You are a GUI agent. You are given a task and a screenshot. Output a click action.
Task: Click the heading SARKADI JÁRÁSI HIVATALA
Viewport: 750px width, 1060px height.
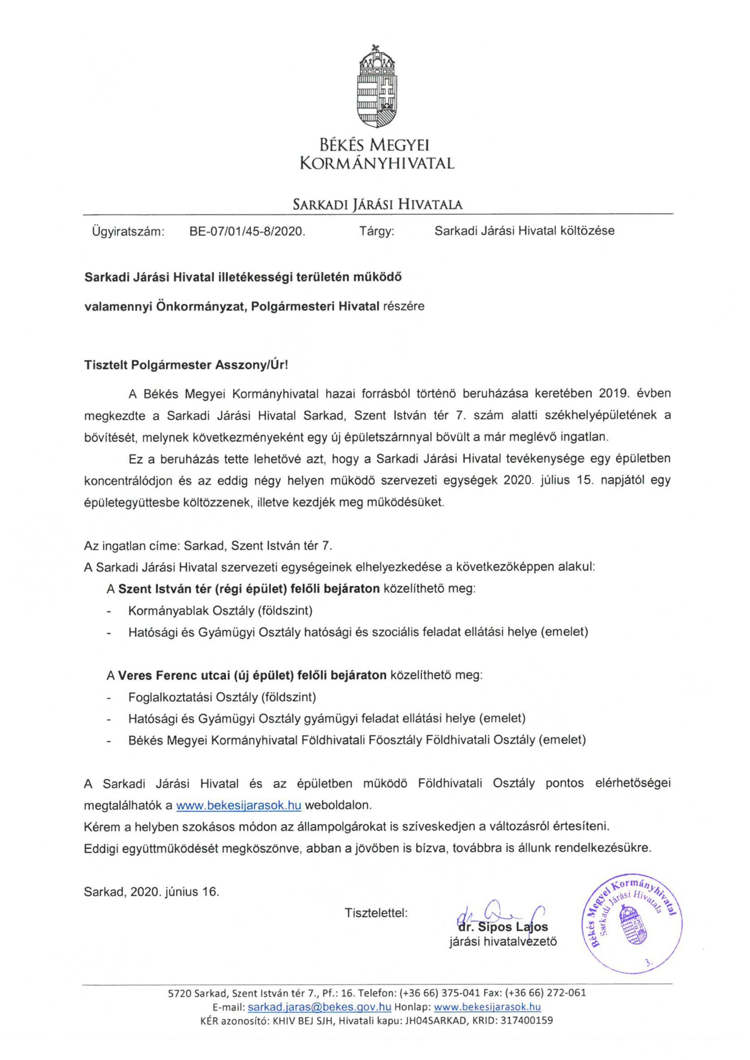tap(378, 205)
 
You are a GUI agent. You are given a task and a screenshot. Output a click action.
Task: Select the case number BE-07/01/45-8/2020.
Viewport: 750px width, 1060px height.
tap(248, 231)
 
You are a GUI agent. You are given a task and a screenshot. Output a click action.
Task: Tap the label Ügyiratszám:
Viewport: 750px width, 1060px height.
tap(128, 231)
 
